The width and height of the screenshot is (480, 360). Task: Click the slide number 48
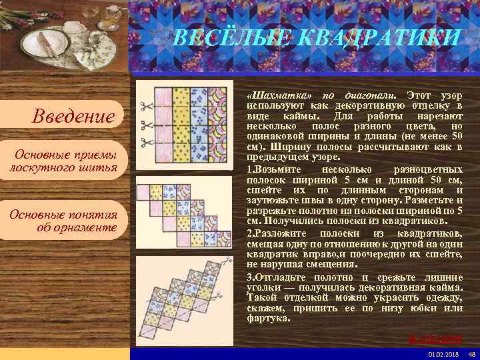click(x=471, y=353)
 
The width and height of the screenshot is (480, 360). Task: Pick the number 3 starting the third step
click(x=249, y=277)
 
